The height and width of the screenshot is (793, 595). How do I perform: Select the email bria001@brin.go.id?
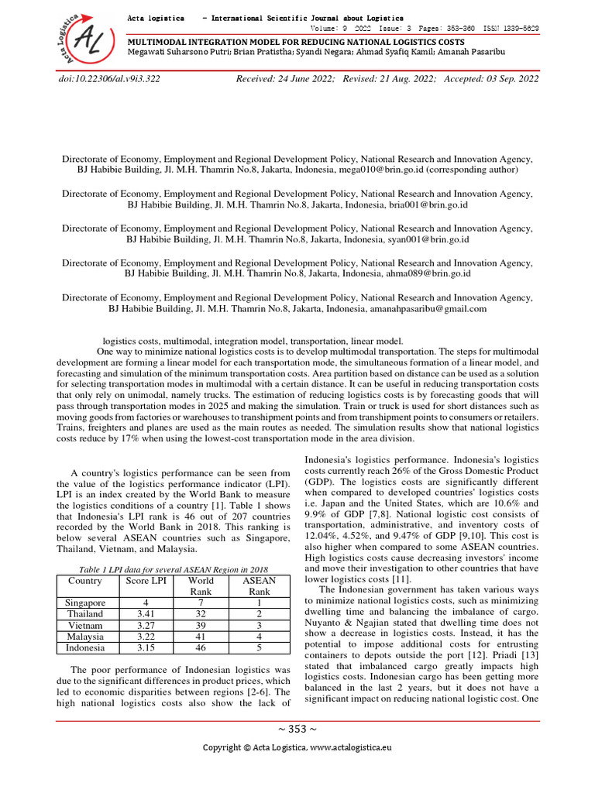[x=426, y=205]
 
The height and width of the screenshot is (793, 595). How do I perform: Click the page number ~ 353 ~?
[x=297, y=729]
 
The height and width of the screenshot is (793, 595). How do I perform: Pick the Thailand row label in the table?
[x=85, y=614]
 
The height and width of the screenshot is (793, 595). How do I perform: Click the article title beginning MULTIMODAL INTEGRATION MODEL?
[x=296, y=41]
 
